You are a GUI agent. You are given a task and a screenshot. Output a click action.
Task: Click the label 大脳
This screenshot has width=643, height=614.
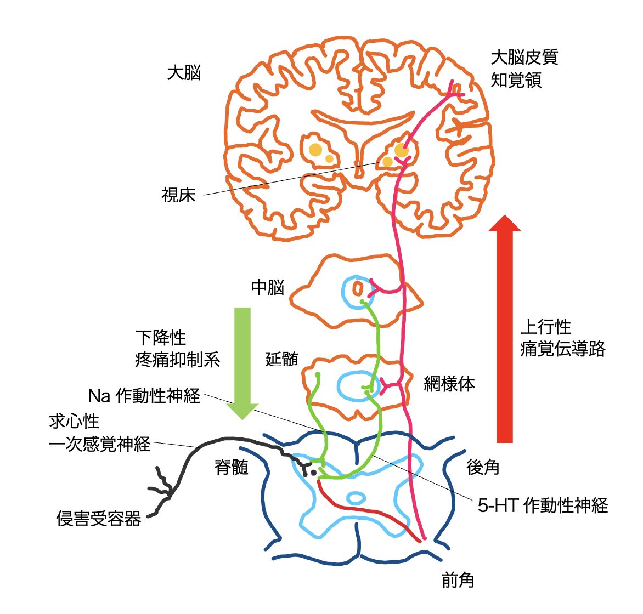click(x=184, y=73)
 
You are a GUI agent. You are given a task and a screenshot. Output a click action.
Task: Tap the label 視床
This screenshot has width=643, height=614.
click(x=179, y=195)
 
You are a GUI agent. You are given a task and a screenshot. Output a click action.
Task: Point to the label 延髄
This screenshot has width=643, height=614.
click(x=282, y=359)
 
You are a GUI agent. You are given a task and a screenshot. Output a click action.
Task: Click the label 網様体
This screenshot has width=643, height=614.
click(x=449, y=384)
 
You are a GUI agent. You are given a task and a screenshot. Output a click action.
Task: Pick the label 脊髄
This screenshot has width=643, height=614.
click(x=232, y=467)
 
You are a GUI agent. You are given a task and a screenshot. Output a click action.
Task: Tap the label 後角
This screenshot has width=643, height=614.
click(x=483, y=467)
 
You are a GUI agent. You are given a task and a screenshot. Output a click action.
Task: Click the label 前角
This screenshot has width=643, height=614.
click(x=458, y=580)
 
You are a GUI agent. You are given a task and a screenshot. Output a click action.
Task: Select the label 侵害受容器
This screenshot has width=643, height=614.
click(x=99, y=518)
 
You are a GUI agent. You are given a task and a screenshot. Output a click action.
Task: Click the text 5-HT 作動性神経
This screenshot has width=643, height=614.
click(x=543, y=505)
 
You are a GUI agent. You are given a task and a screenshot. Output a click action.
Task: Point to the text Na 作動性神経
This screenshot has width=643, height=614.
click(x=144, y=396)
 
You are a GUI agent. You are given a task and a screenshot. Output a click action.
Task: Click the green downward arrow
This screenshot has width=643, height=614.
click(x=242, y=362)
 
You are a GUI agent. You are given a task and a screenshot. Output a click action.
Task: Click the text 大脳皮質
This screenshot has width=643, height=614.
click(x=524, y=56)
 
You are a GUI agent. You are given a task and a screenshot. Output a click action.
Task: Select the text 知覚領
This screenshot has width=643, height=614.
click(x=516, y=80)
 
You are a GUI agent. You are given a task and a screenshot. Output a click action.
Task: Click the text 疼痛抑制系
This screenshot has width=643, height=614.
click(x=177, y=360)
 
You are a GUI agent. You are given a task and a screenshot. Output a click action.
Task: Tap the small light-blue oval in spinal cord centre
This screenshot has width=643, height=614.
click(x=356, y=498)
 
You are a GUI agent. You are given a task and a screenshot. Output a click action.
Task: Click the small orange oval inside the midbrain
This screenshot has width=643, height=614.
click(x=358, y=288)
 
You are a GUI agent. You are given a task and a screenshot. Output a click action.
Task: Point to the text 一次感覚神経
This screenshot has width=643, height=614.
click(x=100, y=444)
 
